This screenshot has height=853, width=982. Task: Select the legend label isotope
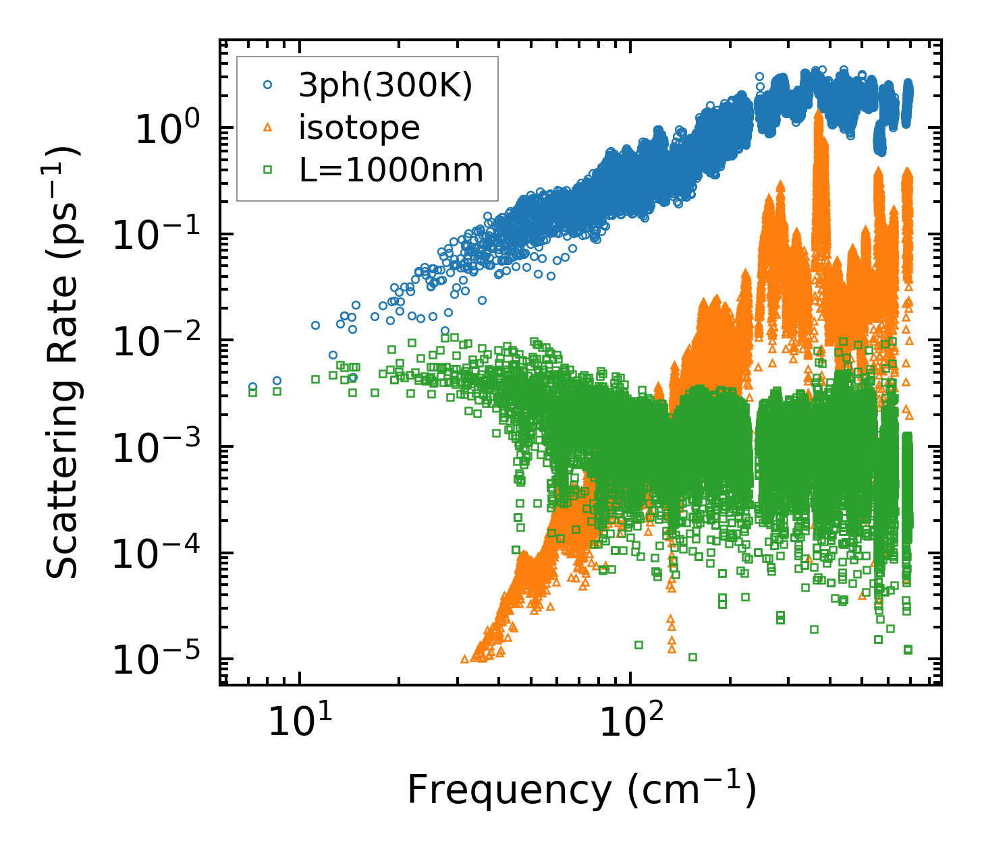click(x=359, y=127)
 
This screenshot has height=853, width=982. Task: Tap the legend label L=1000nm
click(x=391, y=171)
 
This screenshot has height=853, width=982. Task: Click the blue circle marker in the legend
click(x=268, y=85)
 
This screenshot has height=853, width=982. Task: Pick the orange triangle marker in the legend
click(x=268, y=127)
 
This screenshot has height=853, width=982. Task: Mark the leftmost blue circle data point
click(x=252, y=387)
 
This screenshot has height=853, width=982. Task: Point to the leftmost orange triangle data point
click(x=464, y=659)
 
